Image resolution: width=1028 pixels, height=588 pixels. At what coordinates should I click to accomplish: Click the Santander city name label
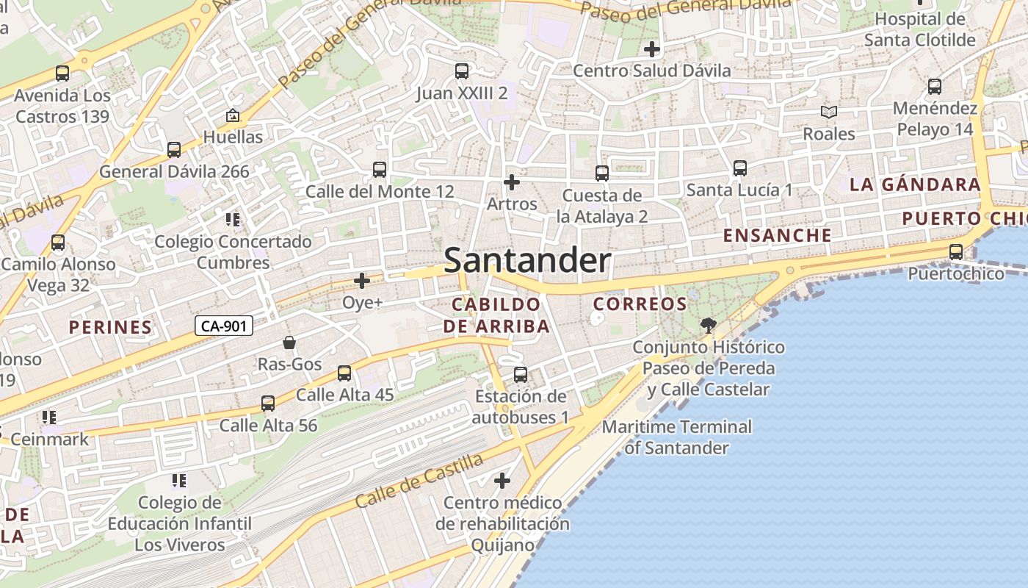pyautogui.click(x=527, y=261)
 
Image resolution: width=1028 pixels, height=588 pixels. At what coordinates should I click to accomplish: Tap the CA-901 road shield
pyautogui.click(x=224, y=326)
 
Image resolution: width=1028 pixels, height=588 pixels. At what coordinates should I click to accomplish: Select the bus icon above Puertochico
pyautogui.click(x=956, y=252)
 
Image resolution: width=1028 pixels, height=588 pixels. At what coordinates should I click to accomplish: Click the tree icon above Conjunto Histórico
pyautogui.click(x=709, y=325)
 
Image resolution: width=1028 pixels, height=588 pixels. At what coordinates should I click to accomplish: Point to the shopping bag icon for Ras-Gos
pyautogui.click(x=289, y=343)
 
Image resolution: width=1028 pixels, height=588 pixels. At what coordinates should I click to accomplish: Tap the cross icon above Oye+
pyautogui.click(x=362, y=281)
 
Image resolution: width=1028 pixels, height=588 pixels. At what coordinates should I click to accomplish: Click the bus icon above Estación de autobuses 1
pyautogui.click(x=521, y=375)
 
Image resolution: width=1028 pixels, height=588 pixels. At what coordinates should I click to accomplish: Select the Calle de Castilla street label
pyautogui.click(x=420, y=481)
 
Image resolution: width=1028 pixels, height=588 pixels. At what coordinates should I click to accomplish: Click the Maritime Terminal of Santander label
pyautogui.click(x=676, y=437)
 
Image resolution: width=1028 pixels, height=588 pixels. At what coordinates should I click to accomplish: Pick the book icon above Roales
pyautogui.click(x=829, y=112)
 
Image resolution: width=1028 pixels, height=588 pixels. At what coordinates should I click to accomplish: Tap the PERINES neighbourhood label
pyautogui.click(x=111, y=327)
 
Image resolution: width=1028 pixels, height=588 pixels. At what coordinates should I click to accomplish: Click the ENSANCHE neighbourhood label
pyautogui.click(x=778, y=235)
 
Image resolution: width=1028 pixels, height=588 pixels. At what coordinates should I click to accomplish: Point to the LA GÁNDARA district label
pyautogui.click(x=915, y=184)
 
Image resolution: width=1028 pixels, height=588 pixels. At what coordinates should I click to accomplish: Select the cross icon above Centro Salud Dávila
pyautogui.click(x=651, y=49)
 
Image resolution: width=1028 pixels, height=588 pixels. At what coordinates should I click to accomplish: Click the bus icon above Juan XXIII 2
pyautogui.click(x=462, y=71)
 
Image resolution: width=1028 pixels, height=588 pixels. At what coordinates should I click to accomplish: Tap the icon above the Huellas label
pyautogui.click(x=233, y=115)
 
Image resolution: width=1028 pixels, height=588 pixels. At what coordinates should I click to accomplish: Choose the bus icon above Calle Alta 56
pyautogui.click(x=268, y=404)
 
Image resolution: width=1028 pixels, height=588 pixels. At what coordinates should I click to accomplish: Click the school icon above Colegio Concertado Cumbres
pyautogui.click(x=233, y=220)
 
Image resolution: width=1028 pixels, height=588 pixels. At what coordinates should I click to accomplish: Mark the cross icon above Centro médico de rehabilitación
pyautogui.click(x=502, y=481)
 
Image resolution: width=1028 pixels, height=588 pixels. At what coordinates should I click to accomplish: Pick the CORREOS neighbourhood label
pyautogui.click(x=640, y=304)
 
